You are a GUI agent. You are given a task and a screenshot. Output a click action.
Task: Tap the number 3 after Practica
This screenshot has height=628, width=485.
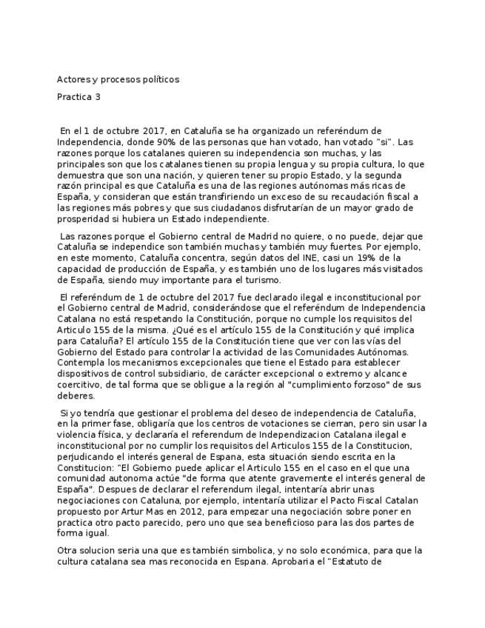click(98, 97)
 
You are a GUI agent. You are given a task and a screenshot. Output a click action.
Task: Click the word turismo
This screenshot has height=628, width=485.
click(260, 281)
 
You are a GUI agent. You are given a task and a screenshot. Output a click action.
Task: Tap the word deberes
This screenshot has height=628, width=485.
click(75, 396)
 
